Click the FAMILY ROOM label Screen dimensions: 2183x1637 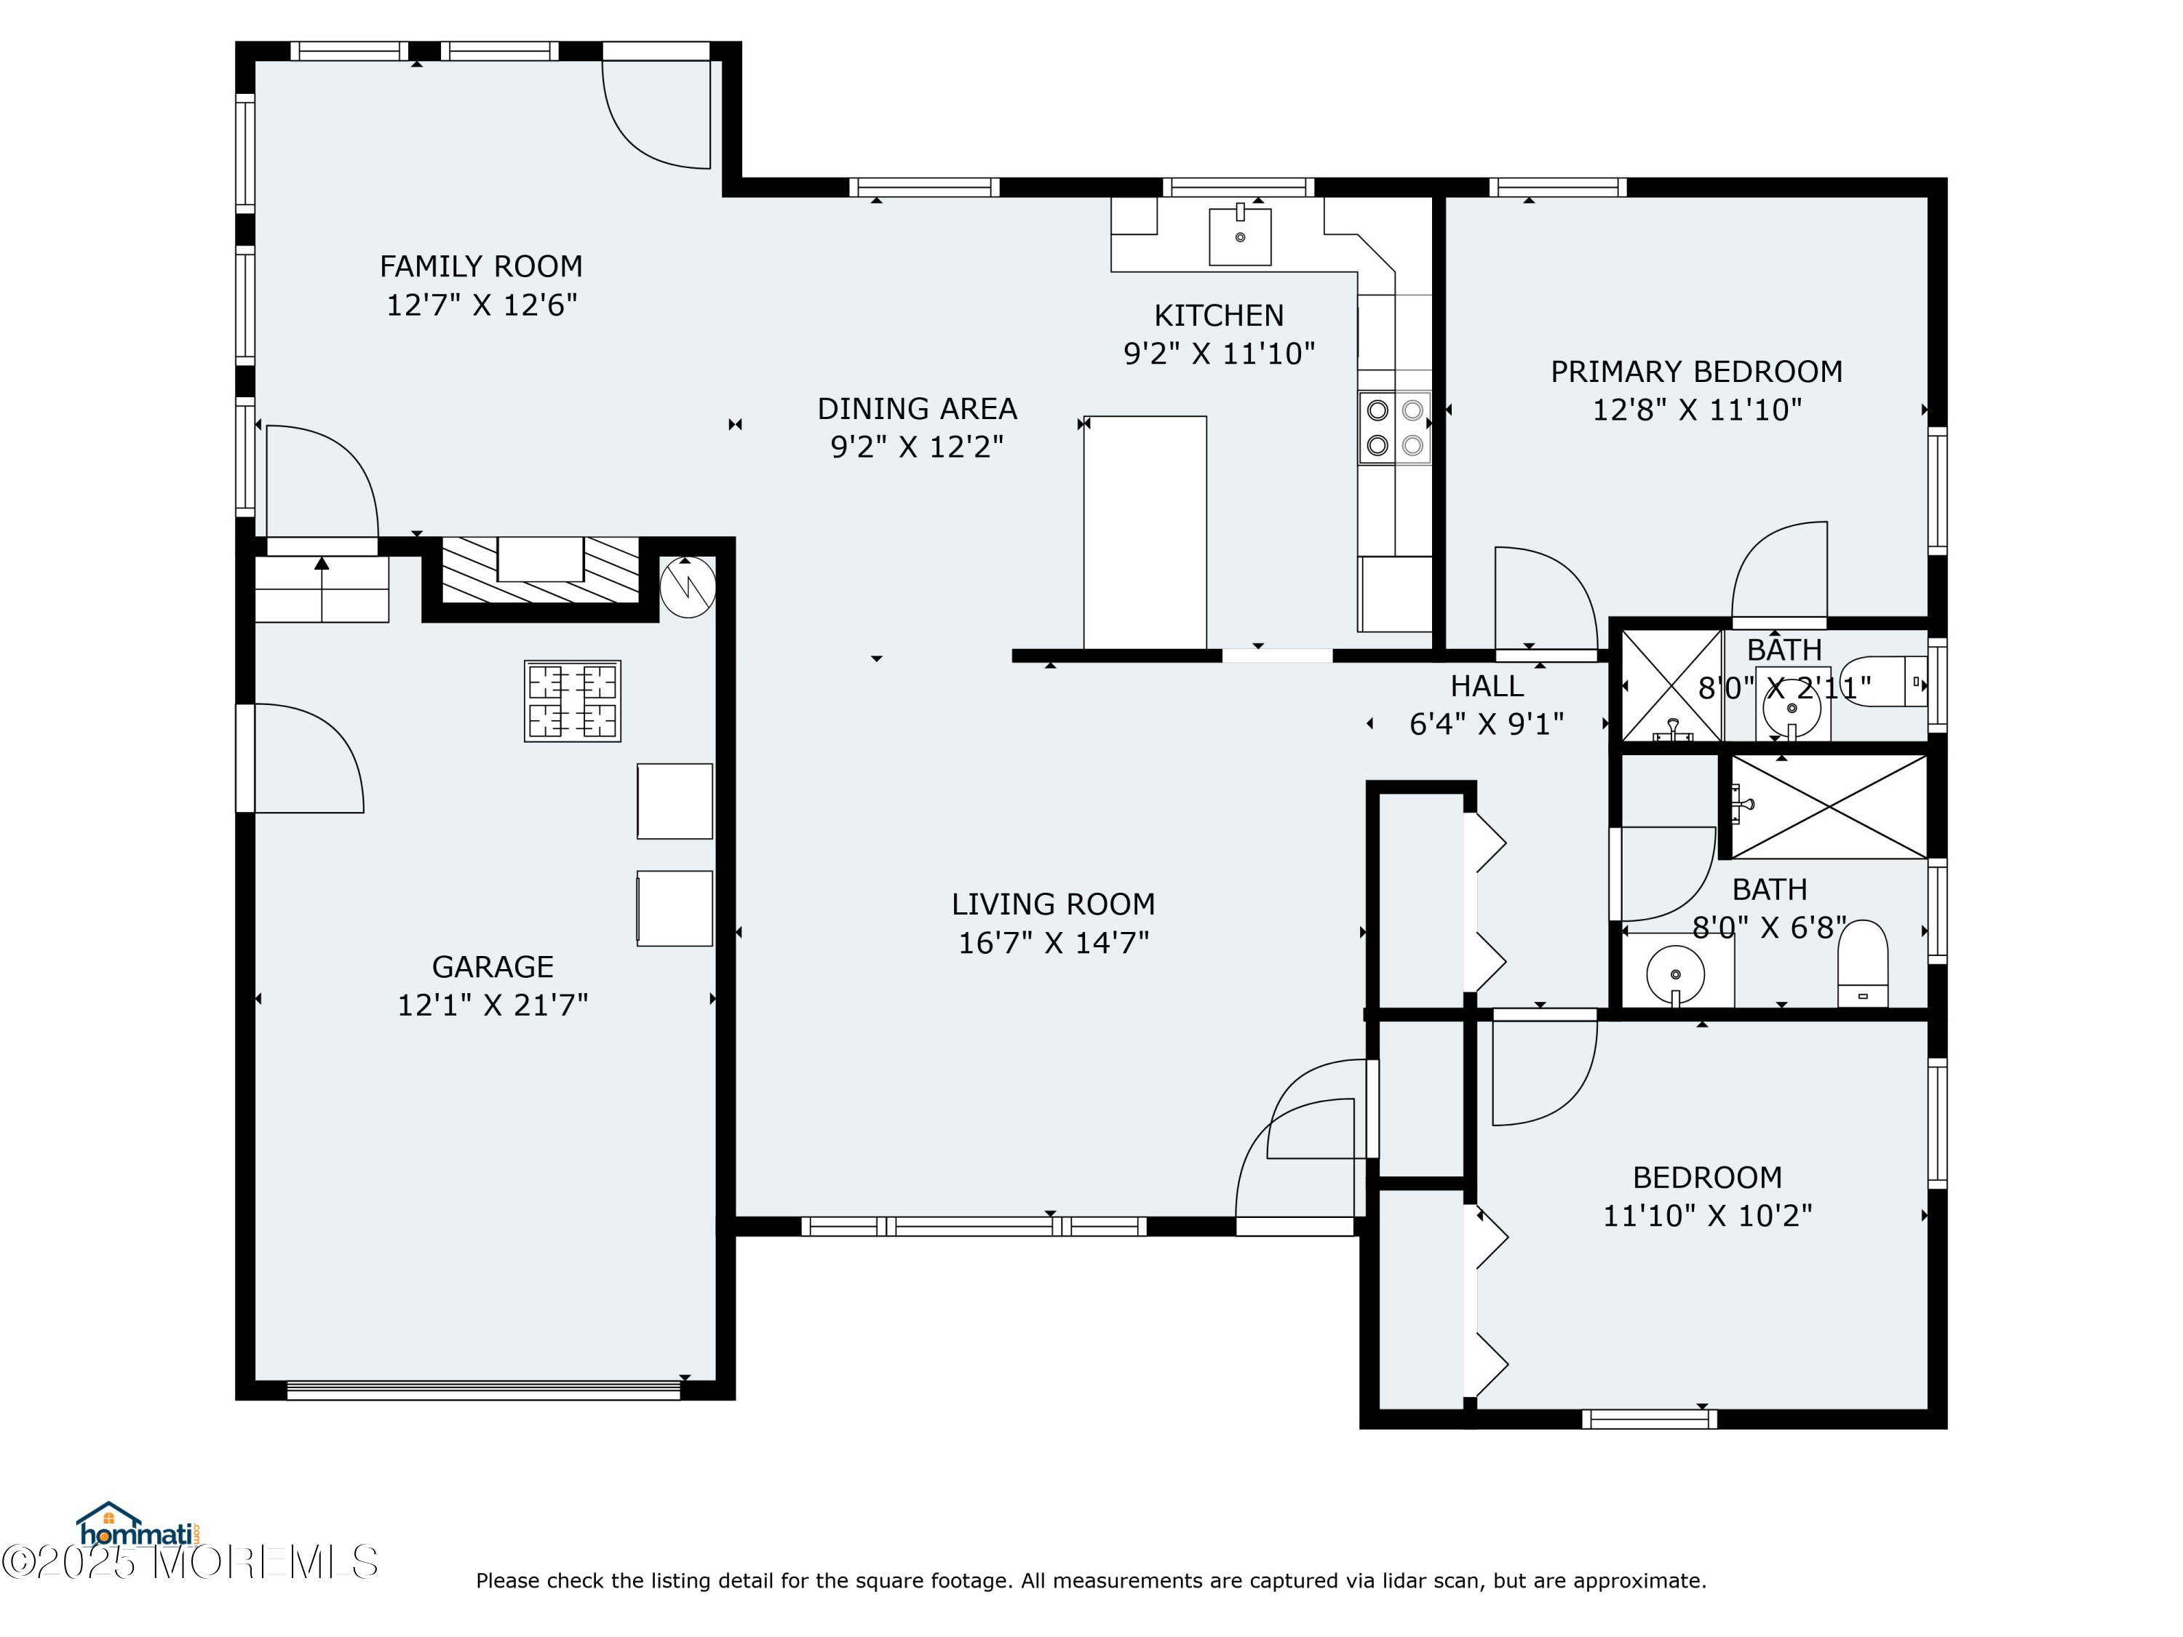(x=480, y=266)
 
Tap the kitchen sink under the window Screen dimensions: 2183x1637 (x=1241, y=235)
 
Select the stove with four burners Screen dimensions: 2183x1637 (x=1394, y=427)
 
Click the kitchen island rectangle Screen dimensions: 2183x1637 (x=1145, y=533)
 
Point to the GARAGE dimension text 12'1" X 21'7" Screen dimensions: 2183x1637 (x=493, y=1005)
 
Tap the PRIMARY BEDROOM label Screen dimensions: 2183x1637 (x=1696, y=372)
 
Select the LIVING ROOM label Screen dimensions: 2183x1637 (x=1053, y=904)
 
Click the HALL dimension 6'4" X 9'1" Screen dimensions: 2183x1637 (x=1486, y=724)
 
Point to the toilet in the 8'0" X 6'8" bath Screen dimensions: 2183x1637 (x=1862, y=963)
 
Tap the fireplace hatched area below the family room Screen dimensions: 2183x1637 (x=541, y=570)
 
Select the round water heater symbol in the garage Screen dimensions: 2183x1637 (x=688, y=588)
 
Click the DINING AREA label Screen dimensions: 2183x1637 (x=917, y=408)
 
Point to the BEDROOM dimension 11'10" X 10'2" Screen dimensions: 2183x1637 (x=1707, y=1215)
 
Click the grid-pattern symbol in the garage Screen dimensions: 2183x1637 (x=573, y=701)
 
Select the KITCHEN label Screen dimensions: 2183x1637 (x=1219, y=316)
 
